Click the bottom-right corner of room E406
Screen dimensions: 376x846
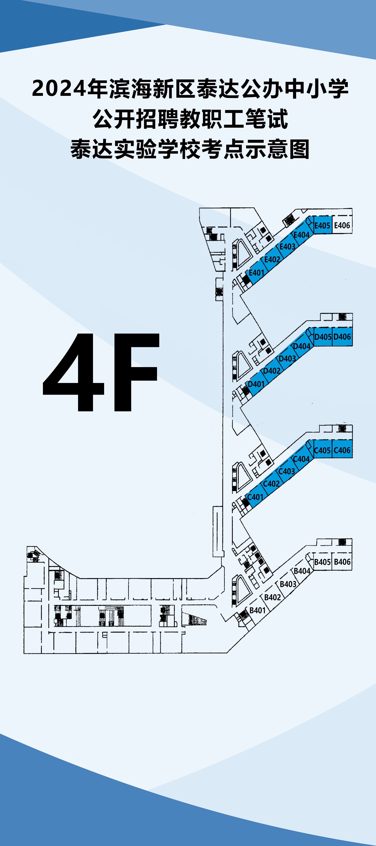click(352, 233)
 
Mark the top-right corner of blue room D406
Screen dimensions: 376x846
click(352, 327)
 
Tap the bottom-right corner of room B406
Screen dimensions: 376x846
click(352, 570)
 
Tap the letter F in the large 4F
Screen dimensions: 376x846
click(135, 372)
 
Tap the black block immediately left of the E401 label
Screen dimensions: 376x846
click(246, 280)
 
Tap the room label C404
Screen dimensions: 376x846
click(301, 459)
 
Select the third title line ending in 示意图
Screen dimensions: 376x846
click(190, 149)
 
